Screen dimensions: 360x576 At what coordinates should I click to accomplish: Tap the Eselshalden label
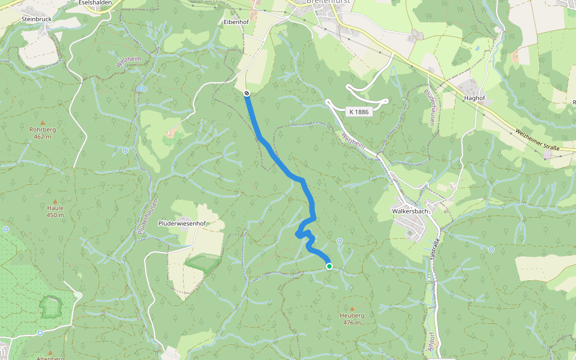coord(96,2)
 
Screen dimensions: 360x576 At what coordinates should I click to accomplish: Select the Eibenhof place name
coord(236,22)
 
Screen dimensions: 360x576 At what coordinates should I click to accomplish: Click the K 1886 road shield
coord(359,112)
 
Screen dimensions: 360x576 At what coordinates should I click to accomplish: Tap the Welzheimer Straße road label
coord(536,139)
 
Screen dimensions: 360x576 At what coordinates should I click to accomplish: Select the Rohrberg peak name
coord(43,129)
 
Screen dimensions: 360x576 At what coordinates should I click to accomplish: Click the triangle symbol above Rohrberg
coord(43,121)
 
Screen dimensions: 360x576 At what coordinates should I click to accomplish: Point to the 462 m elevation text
coord(43,137)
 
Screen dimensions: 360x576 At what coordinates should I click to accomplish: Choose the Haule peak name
coord(55,208)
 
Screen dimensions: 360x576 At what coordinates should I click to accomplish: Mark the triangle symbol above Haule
coord(55,200)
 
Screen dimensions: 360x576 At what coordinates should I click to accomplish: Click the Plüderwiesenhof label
coord(182,224)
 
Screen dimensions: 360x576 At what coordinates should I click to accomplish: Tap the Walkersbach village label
coord(409,211)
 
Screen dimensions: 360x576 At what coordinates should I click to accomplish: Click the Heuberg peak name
coord(352,315)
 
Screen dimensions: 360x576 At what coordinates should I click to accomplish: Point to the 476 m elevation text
coord(352,323)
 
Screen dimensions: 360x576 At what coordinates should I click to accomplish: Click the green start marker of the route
coord(329,266)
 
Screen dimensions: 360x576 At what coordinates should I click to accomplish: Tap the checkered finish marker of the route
coord(247,93)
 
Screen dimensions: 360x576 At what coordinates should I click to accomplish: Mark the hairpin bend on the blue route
coord(298,235)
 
